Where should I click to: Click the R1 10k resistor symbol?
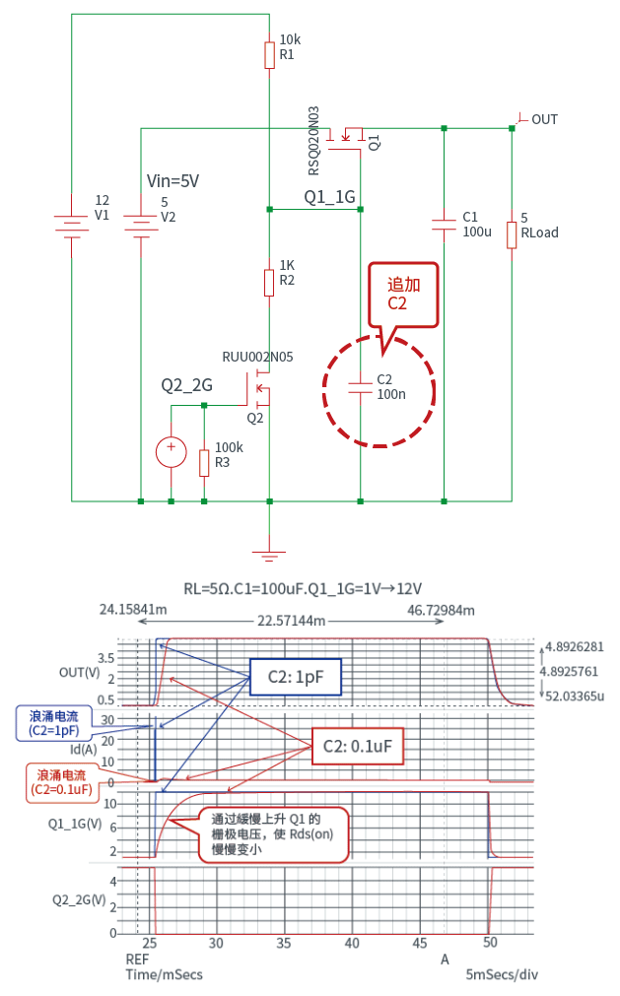coord(269,55)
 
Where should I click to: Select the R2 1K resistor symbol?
coord(269,283)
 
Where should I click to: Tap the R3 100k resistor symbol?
coord(204,463)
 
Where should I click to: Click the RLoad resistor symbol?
coord(512,235)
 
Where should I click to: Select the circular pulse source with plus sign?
coord(172,451)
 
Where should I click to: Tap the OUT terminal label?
coord(543,119)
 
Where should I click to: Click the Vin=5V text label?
coord(173,180)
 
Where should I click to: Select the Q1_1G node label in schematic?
coord(329,197)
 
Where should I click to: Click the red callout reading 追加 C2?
coord(402,293)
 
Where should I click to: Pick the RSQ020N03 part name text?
coord(314,139)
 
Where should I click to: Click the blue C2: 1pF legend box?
coord(294,677)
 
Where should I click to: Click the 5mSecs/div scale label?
coord(502,973)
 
